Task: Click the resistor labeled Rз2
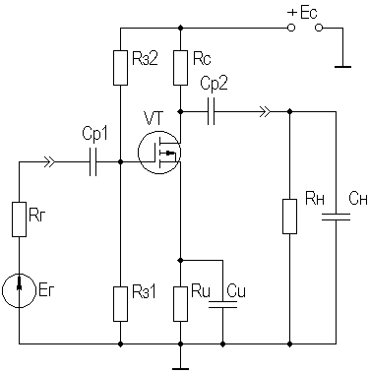(x=120, y=68)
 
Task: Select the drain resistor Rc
(x=180, y=68)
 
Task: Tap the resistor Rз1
(x=120, y=304)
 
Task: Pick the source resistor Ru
(x=180, y=304)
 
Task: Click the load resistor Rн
(x=289, y=217)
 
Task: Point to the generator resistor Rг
(x=19, y=219)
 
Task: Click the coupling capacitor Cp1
(x=93, y=161)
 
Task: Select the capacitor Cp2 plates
(x=212, y=111)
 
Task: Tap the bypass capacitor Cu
(x=222, y=304)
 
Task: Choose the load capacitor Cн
(x=336, y=217)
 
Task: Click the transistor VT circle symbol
(x=159, y=153)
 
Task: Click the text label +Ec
(x=302, y=14)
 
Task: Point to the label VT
(x=153, y=118)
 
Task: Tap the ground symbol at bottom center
(x=180, y=364)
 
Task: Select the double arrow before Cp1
(x=50, y=161)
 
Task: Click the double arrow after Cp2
(x=266, y=111)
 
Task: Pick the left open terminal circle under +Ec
(x=290, y=28)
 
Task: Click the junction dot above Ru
(x=180, y=260)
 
